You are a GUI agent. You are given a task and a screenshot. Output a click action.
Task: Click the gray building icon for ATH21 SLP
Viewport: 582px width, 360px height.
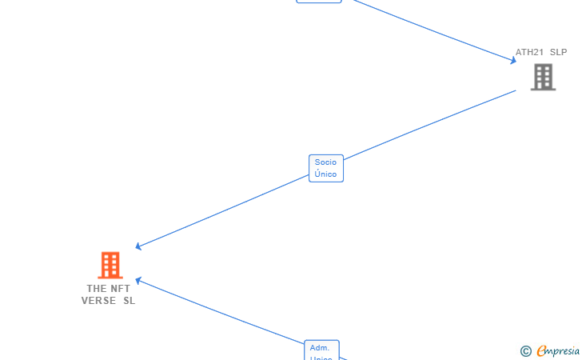point(543,77)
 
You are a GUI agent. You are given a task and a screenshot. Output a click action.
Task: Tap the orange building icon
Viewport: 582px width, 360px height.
point(110,265)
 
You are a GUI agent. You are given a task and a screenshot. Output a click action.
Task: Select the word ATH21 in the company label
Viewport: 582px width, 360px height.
point(528,52)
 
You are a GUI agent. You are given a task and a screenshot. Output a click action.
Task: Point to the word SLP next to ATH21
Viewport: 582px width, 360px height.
point(558,52)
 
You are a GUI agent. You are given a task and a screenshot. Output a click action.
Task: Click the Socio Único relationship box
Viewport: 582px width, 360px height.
point(326,168)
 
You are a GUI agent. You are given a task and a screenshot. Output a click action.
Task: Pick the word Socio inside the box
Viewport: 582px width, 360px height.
point(326,162)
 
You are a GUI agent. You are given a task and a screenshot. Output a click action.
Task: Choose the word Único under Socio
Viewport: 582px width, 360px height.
point(326,174)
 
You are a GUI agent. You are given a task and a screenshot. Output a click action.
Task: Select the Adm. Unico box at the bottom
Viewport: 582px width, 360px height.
point(321,350)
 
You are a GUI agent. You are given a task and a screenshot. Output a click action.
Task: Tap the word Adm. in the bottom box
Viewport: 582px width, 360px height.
point(321,348)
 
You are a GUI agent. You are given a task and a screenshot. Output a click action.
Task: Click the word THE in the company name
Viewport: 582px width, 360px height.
point(97,288)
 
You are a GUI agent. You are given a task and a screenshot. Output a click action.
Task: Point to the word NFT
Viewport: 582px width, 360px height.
point(121,288)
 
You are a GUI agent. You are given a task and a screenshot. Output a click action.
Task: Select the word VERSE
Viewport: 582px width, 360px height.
point(98,301)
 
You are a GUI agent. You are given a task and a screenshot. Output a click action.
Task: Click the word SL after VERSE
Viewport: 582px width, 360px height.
point(129,301)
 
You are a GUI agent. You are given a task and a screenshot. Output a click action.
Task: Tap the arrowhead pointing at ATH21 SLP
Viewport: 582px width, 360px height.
point(514,60)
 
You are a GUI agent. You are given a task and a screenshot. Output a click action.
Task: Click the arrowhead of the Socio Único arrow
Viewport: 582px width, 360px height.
point(139,246)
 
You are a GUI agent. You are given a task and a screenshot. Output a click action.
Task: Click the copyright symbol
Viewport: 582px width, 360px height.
point(525,350)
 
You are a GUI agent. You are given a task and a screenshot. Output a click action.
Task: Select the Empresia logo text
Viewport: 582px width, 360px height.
point(558,350)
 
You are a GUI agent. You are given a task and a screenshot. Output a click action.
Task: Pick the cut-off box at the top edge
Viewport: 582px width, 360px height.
point(319,2)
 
